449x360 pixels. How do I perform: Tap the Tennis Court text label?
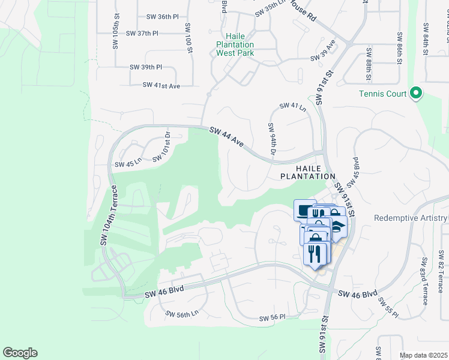[384, 94]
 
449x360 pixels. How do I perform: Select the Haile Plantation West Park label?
[235, 44]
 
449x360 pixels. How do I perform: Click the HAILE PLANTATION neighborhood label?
[308, 172]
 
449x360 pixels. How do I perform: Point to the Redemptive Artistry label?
[411, 218]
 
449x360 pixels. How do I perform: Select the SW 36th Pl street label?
[158, 17]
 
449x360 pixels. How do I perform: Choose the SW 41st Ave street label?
[161, 86]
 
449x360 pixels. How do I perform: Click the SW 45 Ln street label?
[128, 162]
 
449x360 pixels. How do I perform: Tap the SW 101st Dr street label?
[161, 148]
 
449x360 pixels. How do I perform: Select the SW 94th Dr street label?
[272, 140]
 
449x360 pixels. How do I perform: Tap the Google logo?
[20, 353]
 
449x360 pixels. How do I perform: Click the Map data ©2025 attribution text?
[423, 355]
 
